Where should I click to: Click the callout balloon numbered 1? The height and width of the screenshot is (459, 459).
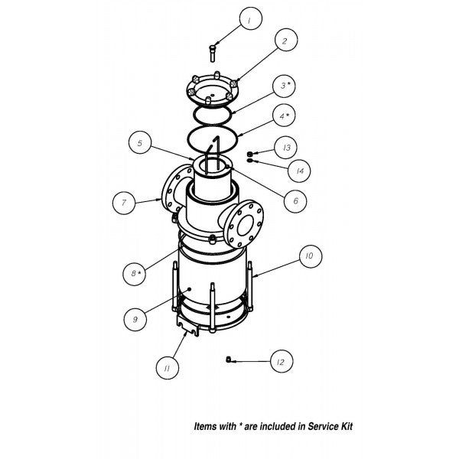[x=251, y=18]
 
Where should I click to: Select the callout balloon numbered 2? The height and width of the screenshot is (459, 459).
[x=286, y=40]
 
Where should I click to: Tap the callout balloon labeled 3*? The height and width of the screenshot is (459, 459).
[x=284, y=86]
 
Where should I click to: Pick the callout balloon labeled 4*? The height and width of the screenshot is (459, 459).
[x=284, y=116]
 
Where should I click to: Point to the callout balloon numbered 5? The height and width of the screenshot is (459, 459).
[x=140, y=142]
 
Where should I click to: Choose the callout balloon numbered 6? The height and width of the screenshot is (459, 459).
[x=295, y=200]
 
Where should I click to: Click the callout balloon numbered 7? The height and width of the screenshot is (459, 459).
[x=124, y=203]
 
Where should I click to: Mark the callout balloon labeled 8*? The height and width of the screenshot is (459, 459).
[x=134, y=274]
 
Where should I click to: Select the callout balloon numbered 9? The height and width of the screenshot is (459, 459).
[x=135, y=319]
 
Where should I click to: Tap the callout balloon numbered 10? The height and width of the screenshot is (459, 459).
[x=311, y=256]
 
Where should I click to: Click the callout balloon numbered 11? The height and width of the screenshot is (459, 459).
[x=167, y=368]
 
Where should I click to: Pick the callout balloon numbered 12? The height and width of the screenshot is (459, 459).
[x=281, y=362]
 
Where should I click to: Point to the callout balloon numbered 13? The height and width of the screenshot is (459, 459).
[x=286, y=147]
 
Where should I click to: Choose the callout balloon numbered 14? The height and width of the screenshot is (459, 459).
[x=299, y=171]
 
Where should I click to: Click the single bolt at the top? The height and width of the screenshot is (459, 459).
[x=213, y=54]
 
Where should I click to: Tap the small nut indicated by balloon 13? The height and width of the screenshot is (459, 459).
[x=249, y=154]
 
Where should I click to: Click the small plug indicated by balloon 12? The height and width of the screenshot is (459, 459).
[x=229, y=359]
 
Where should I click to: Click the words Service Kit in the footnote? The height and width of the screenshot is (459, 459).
[x=330, y=426]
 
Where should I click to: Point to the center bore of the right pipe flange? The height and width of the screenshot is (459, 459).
[x=246, y=226]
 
